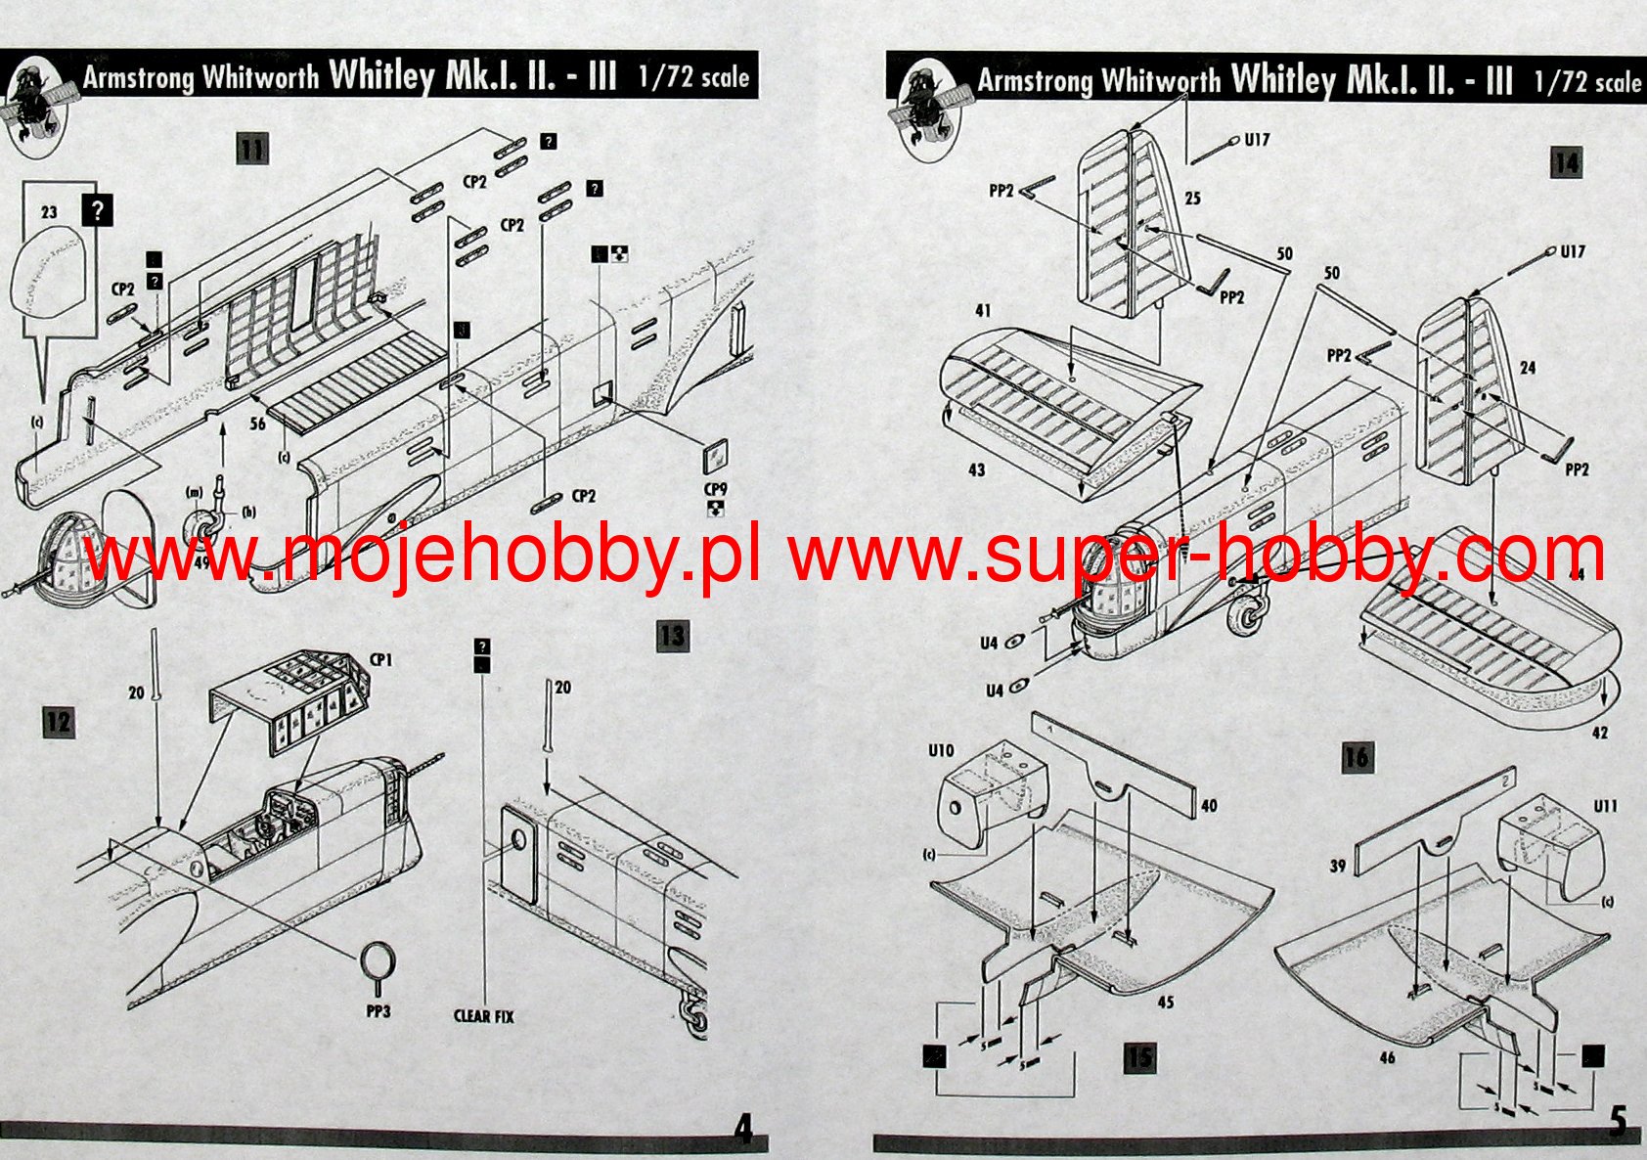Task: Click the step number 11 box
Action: [251, 150]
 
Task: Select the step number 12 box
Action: [58, 723]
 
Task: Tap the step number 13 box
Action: [672, 636]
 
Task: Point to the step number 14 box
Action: [1566, 162]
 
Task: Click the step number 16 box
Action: [1357, 756]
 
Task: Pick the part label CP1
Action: [380, 660]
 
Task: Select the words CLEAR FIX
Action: [484, 1016]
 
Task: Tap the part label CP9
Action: [715, 488]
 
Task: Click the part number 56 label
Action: [257, 424]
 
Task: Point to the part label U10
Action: [940, 750]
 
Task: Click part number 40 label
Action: [1209, 805]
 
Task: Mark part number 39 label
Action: [1337, 866]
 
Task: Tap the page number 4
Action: [744, 1130]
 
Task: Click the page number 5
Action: [1619, 1122]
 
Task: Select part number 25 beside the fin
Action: [1192, 199]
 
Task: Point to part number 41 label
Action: [982, 310]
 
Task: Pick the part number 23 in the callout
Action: [49, 211]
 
